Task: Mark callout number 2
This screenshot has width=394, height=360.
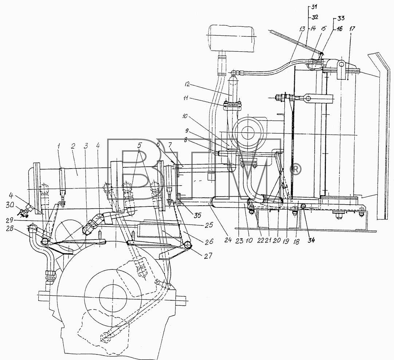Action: coord(73,146)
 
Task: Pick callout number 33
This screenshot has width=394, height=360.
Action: coord(340,18)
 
